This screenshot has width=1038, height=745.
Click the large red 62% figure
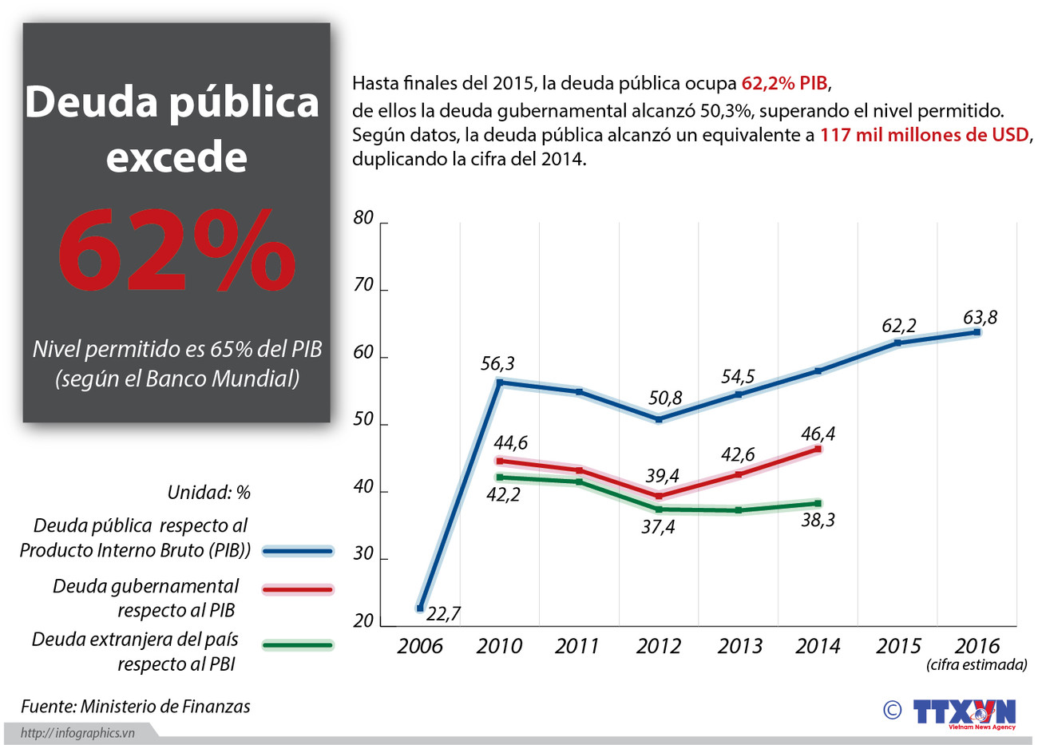click(176, 251)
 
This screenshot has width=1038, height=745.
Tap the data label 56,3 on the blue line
click(497, 364)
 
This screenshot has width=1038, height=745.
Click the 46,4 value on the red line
click(818, 434)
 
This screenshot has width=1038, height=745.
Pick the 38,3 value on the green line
click(818, 520)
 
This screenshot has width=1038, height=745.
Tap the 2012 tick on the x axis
click(658, 646)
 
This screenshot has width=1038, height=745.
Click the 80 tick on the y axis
click(363, 218)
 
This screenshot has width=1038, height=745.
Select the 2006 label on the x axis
click(419, 646)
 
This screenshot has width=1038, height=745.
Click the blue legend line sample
click(297, 551)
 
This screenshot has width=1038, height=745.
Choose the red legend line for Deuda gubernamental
click(297, 590)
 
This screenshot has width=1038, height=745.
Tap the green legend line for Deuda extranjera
click(297, 645)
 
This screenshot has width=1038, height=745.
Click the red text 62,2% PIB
click(785, 83)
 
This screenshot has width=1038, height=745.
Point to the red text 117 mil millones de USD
click(925, 135)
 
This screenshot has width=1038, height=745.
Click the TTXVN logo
click(964, 711)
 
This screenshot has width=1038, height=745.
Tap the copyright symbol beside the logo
click(892, 710)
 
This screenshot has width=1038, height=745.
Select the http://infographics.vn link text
click(77, 733)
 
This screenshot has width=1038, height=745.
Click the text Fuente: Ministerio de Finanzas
click(136, 707)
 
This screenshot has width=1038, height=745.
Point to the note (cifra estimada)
click(977, 665)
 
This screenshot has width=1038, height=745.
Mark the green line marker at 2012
click(659, 509)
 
